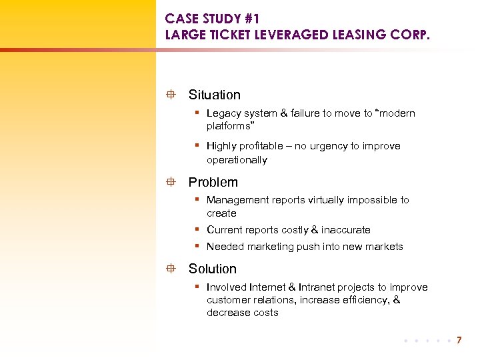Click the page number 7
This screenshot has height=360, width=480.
459,341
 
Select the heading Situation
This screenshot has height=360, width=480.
214,95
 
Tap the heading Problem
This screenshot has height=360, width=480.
213,182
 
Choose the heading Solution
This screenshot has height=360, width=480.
212,269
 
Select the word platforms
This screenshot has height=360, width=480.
229,126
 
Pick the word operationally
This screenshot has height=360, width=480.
237,160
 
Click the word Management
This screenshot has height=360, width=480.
239,200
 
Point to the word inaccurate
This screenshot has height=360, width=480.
345,230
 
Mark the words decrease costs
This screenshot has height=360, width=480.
242,313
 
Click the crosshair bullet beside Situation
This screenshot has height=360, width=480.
171,95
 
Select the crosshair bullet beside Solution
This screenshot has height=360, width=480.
171,269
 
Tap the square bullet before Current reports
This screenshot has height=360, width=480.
198,230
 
